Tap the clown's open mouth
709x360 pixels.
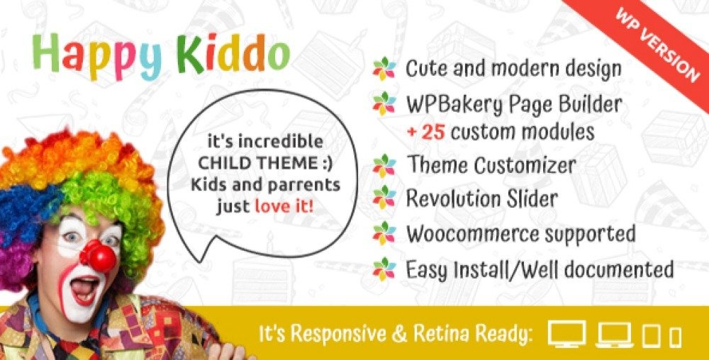pos(85,288)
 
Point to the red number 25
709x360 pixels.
pos(435,132)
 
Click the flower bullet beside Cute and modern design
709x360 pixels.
pos(384,69)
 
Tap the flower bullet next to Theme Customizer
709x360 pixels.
pos(384,166)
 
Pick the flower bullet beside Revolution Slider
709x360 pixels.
pos(384,198)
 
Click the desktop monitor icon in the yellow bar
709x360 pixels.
pos(566,334)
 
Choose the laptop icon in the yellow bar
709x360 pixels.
pos(614,336)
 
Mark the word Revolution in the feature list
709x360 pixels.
pos(457,198)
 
